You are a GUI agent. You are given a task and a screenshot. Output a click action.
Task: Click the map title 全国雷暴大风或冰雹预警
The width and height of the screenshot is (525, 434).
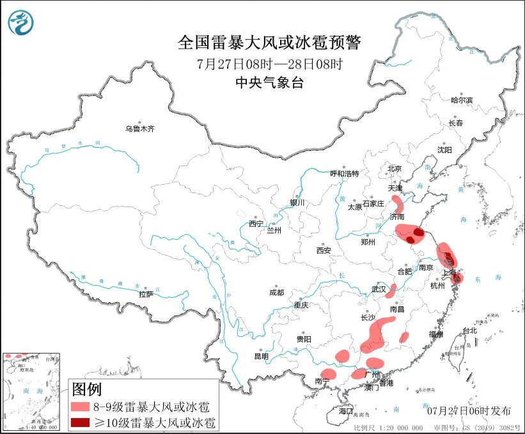(269, 43)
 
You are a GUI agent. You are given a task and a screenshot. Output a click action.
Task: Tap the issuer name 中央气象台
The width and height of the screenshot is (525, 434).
(269, 82)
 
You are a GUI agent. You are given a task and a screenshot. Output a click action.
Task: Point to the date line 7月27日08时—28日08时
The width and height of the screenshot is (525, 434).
(269, 64)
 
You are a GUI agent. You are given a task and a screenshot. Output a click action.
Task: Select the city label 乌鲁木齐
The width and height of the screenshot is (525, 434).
(139, 128)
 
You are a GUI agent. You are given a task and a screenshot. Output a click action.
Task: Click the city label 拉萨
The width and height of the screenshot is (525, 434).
(146, 294)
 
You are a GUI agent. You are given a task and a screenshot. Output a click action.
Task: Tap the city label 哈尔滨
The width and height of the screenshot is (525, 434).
(461, 100)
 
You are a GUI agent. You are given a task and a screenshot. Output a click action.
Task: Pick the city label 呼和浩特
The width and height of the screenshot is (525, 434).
(345, 173)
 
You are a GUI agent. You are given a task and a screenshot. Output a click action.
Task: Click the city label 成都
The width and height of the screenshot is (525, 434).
(278, 293)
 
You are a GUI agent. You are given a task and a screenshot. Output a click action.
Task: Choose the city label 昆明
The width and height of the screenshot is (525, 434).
(262, 356)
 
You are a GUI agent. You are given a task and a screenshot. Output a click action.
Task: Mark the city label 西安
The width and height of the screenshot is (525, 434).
(323, 251)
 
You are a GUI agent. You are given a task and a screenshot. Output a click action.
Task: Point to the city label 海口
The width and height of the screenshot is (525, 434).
(346, 410)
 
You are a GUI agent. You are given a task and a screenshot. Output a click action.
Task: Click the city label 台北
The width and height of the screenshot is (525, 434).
(469, 330)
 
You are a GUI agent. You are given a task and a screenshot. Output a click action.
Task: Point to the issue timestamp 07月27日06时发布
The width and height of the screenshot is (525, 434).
(470, 410)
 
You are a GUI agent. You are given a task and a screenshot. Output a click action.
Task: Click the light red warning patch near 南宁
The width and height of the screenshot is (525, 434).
(329, 373)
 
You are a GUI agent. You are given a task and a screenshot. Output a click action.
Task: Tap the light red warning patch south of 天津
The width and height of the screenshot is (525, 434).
(397, 205)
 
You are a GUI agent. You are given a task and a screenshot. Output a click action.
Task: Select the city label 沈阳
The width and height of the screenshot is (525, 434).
(444, 150)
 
